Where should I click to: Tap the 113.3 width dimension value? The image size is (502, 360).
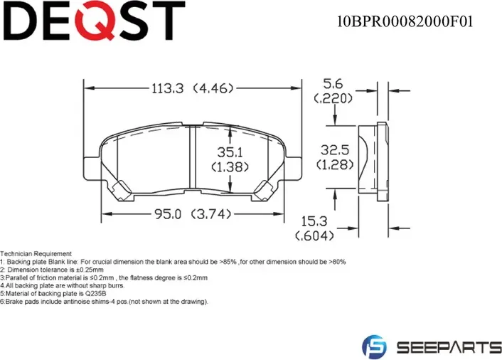point(167,89)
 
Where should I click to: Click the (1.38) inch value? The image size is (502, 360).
point(229,166)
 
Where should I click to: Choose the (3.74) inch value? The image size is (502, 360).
point(211,213)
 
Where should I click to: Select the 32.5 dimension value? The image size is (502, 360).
point(334,151)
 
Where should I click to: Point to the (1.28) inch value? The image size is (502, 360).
point(334,166)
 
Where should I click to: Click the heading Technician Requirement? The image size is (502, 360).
point(36,254)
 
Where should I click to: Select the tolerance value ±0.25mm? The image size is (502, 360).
point(90,270)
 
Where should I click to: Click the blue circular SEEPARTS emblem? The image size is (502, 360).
point(373,346)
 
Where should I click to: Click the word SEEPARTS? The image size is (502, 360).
point(447,347)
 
